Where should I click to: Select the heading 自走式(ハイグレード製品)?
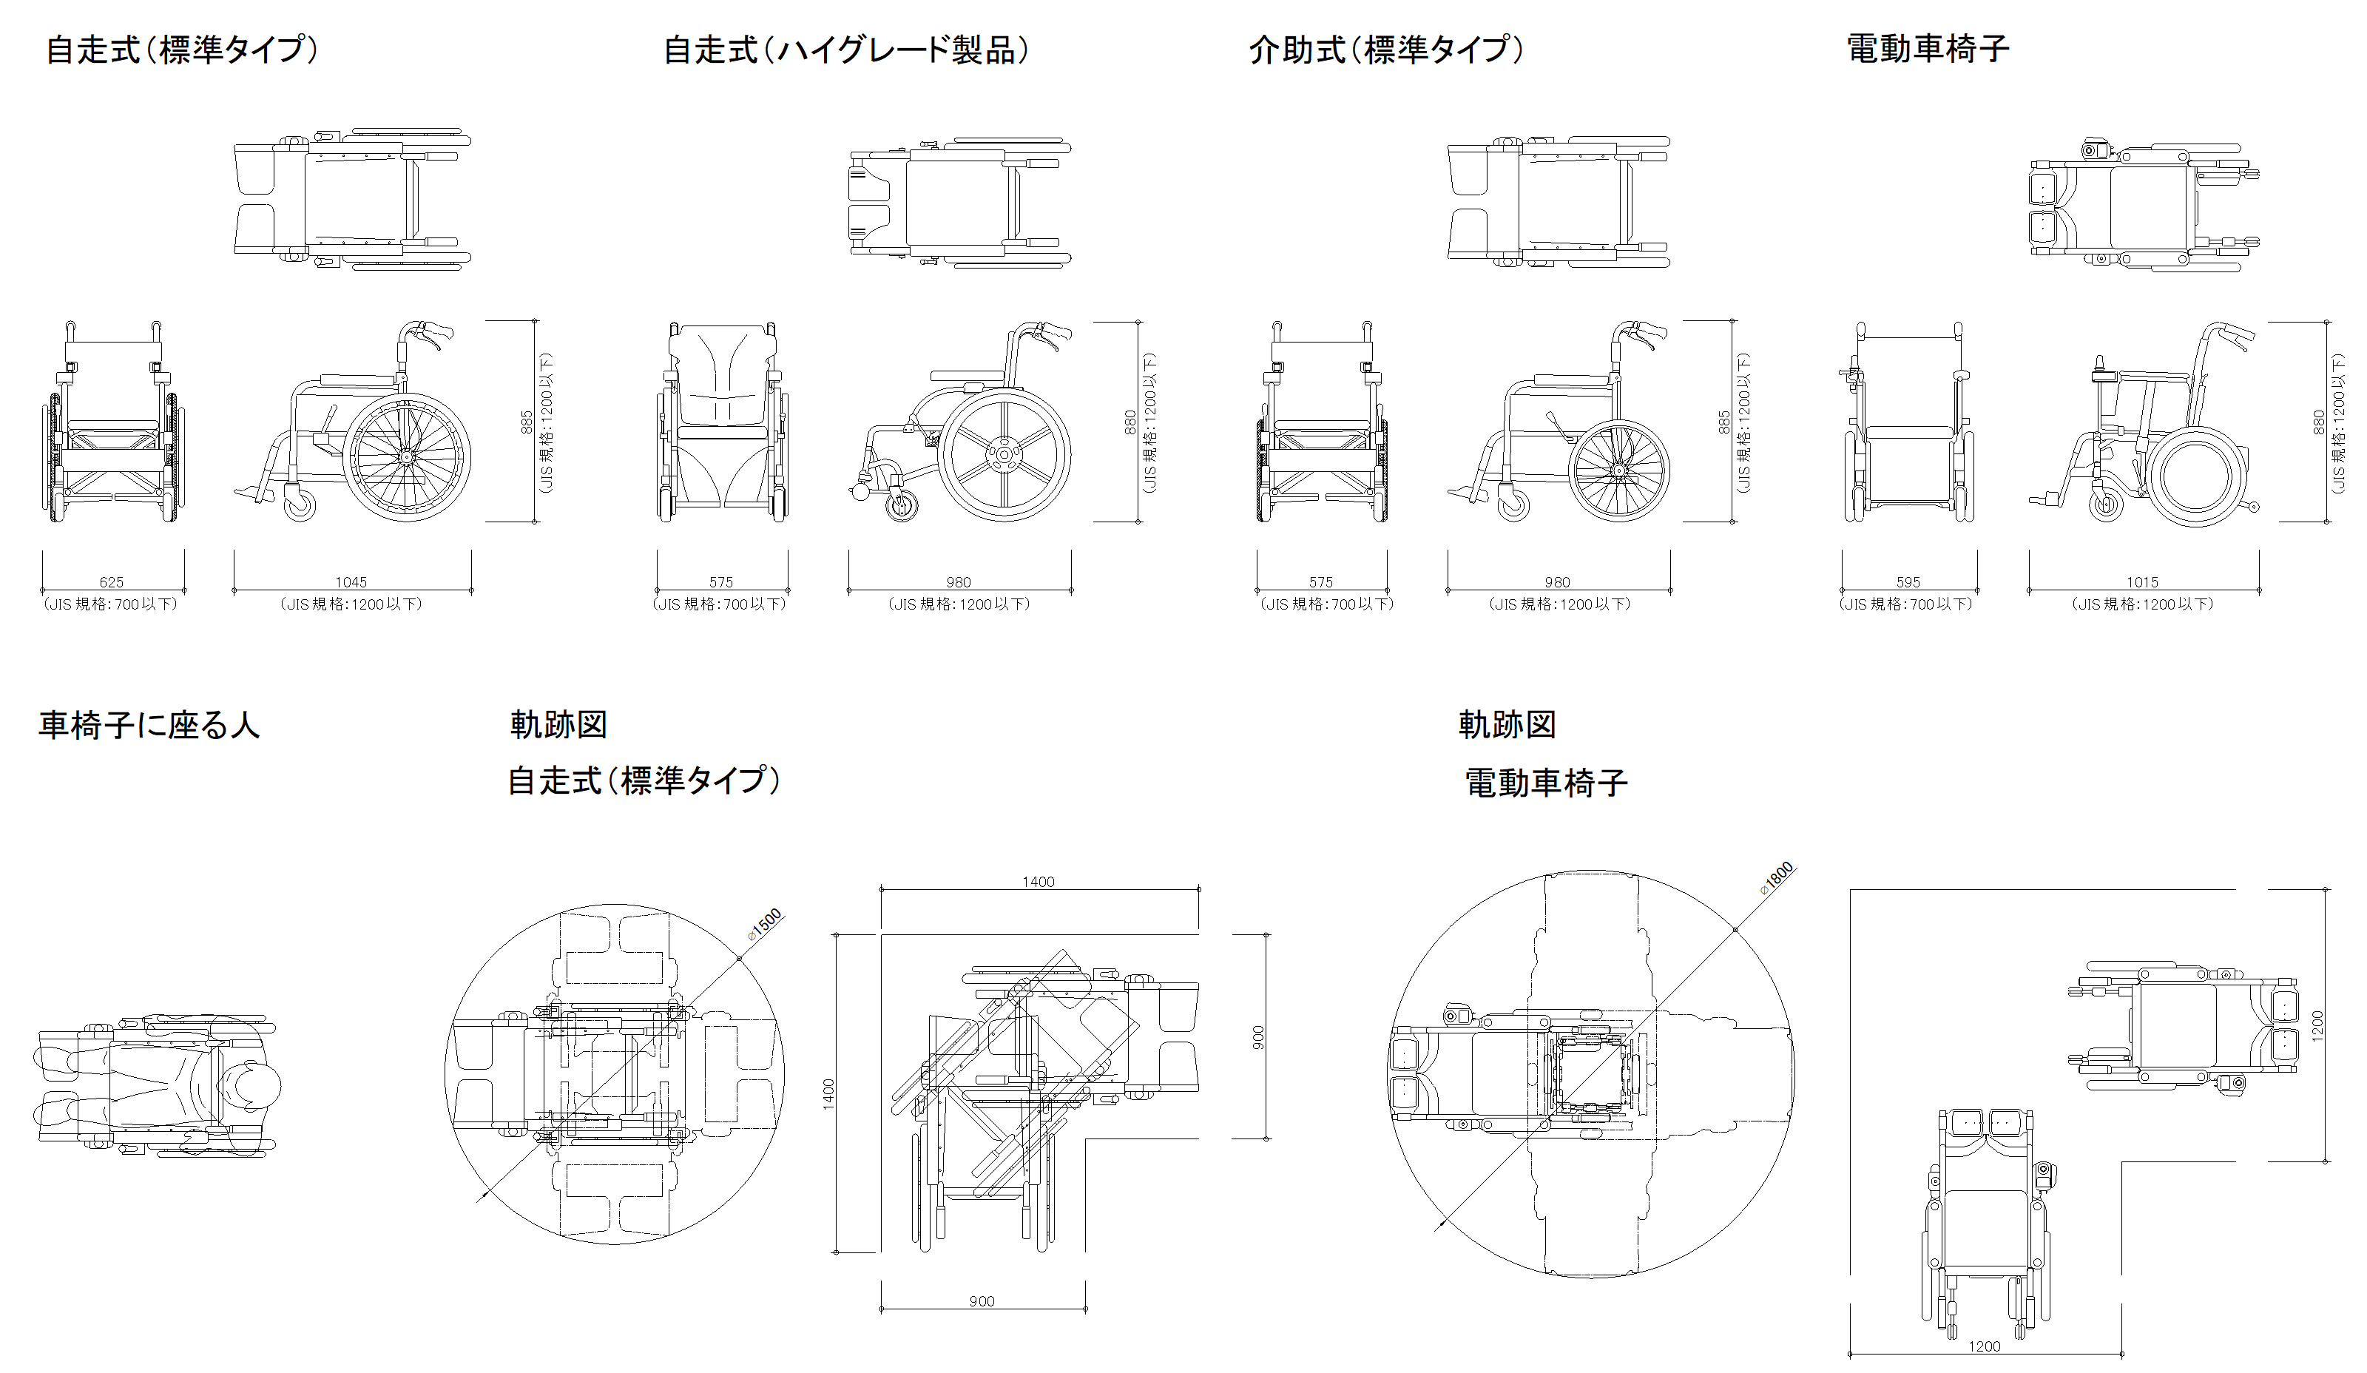click(x=845, y=50)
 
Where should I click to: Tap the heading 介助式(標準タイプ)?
click(x=1385, y=50)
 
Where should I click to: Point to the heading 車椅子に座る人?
click(x=149, y=725)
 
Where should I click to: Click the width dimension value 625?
click(x=112, y=582)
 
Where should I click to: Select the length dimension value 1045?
click(x=351, y=582)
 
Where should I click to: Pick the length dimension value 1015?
click(x=2143, y=582)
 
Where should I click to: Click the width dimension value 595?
click(x=1908, y=582)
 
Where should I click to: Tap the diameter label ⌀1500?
click(x=765, y=924)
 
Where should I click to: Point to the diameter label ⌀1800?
click(x=1777, y=877)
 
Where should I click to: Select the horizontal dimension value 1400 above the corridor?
click(x=1038, y=882)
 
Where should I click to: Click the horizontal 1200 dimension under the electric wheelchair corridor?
click(x=1984, y=1346)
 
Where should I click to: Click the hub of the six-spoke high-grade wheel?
click(x=1004, y=454)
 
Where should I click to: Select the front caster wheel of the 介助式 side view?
click(x=1513, y=505)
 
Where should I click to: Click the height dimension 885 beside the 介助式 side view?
click(x=1724, y=422)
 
